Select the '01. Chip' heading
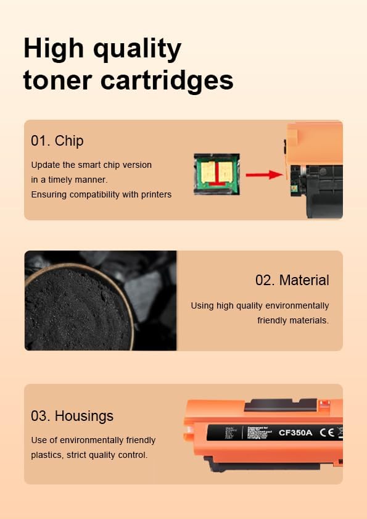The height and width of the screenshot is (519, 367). pyautogui.click(x=57, y=141)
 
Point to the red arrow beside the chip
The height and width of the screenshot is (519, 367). pyautogui.click(x=264, y=175)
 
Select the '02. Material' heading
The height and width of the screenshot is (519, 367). pyautogui.click(x=292, y=280)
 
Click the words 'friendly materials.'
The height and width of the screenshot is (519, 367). pyautogui.click(x=293, y=320)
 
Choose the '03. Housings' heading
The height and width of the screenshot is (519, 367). pyautogui.click(x=72, y=416)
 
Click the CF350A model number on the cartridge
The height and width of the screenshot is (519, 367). pyautogui.click(x=295, y=433)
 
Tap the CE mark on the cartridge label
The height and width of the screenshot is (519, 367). pyautogui.click(x=327, y=433)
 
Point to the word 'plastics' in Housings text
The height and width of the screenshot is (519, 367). pyautogui.click(x=46, y=455)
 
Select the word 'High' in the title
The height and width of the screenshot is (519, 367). pyautogui.click(x=51, y=49)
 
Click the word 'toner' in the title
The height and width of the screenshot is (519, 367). pyautogui.click(x=57, y=80)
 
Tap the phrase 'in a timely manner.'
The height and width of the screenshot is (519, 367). pyautogui.click(x=69, y=180)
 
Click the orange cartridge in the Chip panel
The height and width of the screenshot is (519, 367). pyautogui.click(x=315, y=170)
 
